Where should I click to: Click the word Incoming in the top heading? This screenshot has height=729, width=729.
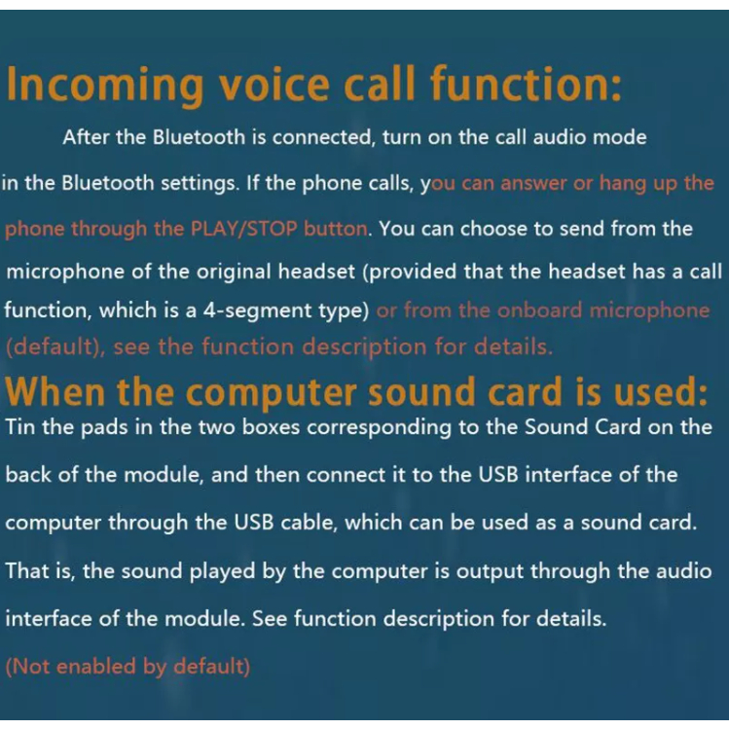coord(105,85)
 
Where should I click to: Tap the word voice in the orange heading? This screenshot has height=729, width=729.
coord(274,84)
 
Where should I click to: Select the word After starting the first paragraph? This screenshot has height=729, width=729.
coord(86,137)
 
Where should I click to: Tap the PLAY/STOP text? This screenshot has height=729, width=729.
coord(244,229)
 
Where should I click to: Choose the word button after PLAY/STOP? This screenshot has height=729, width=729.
coord(337,229)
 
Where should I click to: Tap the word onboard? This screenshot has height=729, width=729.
coord(539,310)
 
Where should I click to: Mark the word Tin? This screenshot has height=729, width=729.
coord(20,427)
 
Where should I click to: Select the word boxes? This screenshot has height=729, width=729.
coord(271,427)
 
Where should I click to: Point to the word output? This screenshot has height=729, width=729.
coord(490,572)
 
